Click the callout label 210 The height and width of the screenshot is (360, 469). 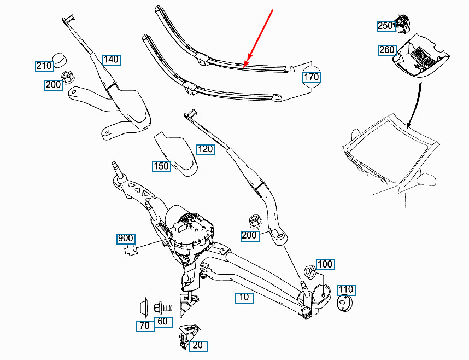[44, 66]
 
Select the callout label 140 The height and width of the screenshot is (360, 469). [110, 59]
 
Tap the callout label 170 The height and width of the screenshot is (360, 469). [311, 77]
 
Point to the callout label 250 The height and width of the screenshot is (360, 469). [385, 26]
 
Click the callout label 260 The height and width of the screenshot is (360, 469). [386, 50]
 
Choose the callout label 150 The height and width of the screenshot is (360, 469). [161, 166]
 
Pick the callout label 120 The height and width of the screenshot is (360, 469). [206, 149]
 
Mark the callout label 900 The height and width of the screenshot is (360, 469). [125, 239]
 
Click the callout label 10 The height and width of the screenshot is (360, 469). [243, 298]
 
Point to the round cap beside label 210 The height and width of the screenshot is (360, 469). [58, 57]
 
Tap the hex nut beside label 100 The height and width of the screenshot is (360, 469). [308, 271]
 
